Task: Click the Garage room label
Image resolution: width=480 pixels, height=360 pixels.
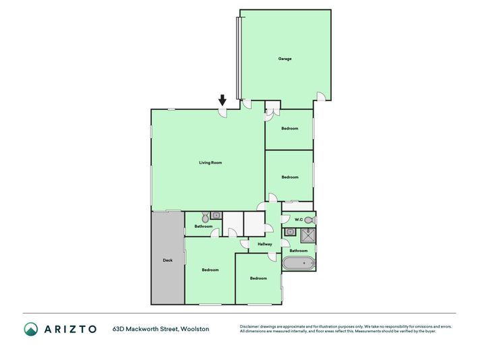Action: tap(284, 59)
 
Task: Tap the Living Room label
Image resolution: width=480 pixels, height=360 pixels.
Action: tap(210, 162)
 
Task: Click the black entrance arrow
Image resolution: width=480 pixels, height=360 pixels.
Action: tap(222, 100)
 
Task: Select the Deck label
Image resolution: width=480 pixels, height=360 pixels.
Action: tap(167, 260)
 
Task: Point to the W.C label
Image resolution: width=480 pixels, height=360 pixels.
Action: tap(299, 220)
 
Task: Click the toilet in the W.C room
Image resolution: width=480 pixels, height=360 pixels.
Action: tap(310, 220)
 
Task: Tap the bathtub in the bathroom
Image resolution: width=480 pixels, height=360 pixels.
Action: tap(299, 264)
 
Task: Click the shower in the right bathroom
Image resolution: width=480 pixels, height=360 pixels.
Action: tap(308, 235)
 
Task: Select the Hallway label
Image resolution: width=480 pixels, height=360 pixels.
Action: tap(265, 244)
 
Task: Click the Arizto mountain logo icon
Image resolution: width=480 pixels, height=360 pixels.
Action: tap(31, 329)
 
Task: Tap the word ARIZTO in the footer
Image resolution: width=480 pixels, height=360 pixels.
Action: tap(70, 329)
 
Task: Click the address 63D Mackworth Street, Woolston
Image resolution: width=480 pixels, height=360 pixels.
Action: tap(161, 329)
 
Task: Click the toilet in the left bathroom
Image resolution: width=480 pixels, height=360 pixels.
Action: tap(205, 217)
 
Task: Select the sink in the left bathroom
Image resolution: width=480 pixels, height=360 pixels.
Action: tap(216, 215)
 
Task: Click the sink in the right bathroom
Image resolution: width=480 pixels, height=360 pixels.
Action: tap(290, 232)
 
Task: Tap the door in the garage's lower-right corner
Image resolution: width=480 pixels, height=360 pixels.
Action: tap(321, 96)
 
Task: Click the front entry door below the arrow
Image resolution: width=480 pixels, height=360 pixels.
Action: tap(222, 113)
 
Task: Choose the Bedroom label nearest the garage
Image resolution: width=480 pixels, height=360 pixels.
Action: tap(290, 128)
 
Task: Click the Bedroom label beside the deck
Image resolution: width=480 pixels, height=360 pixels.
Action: tap(210, 270)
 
